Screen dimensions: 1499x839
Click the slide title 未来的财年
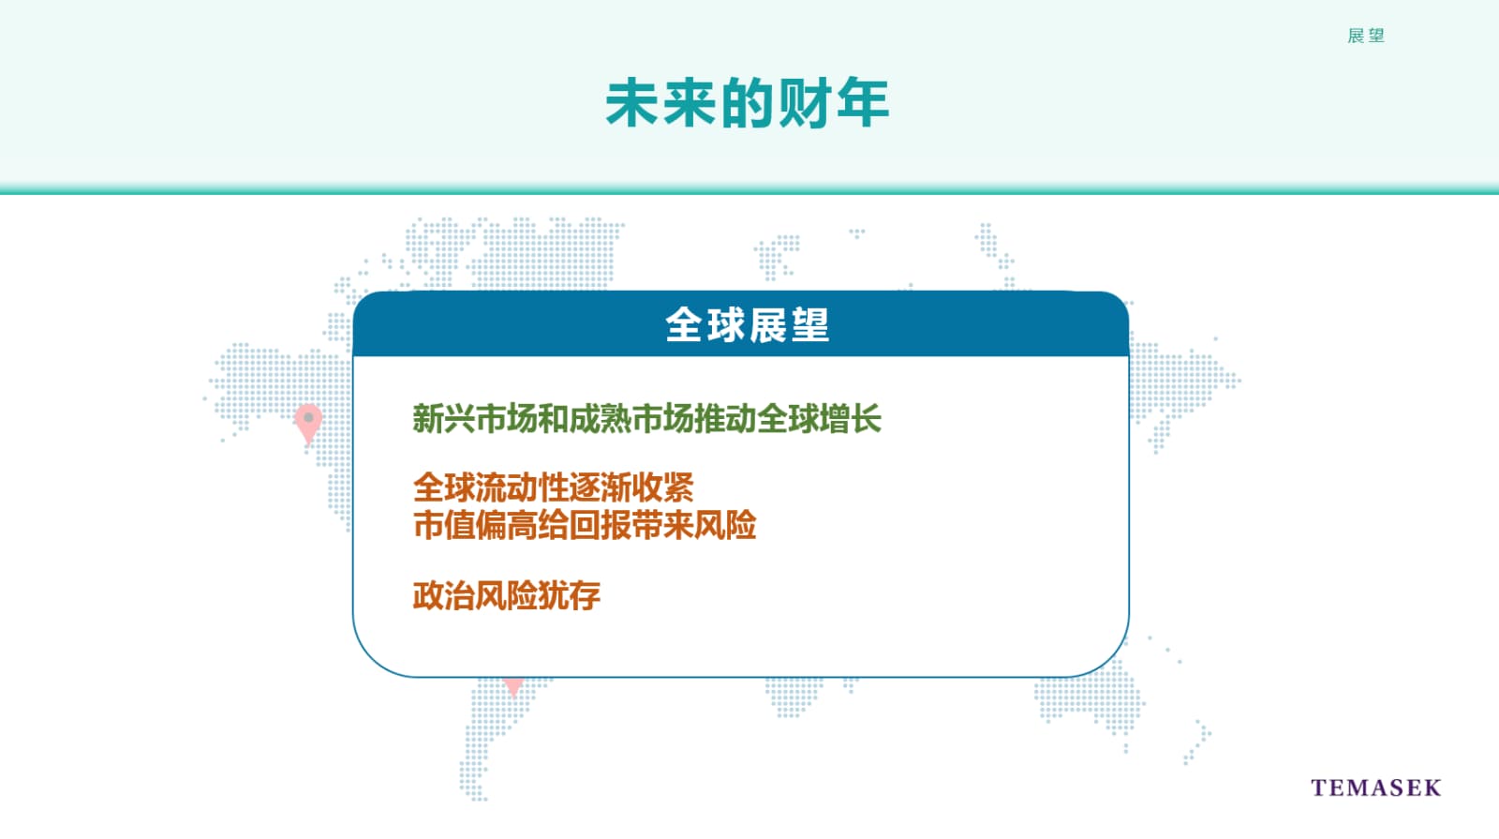tap(748, 102)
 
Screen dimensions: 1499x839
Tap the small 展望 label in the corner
tap(1366, 37)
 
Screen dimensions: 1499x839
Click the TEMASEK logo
tap(1376, 787)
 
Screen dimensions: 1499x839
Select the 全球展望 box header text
tap(748, 325)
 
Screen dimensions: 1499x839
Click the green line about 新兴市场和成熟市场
tap(646, 418)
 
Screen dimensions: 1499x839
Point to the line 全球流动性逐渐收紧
tap(554, 487)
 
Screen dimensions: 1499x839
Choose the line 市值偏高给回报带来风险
tap(585, 524)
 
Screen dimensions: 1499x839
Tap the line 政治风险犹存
tap(507, 595)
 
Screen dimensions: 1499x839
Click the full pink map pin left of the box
tap(308, 422)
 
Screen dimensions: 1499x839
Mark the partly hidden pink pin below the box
tap(513, 685)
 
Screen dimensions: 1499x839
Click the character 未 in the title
tap(631, 102)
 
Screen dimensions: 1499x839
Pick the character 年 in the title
tap(863, 102)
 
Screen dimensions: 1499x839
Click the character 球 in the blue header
tap(727, 325)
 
